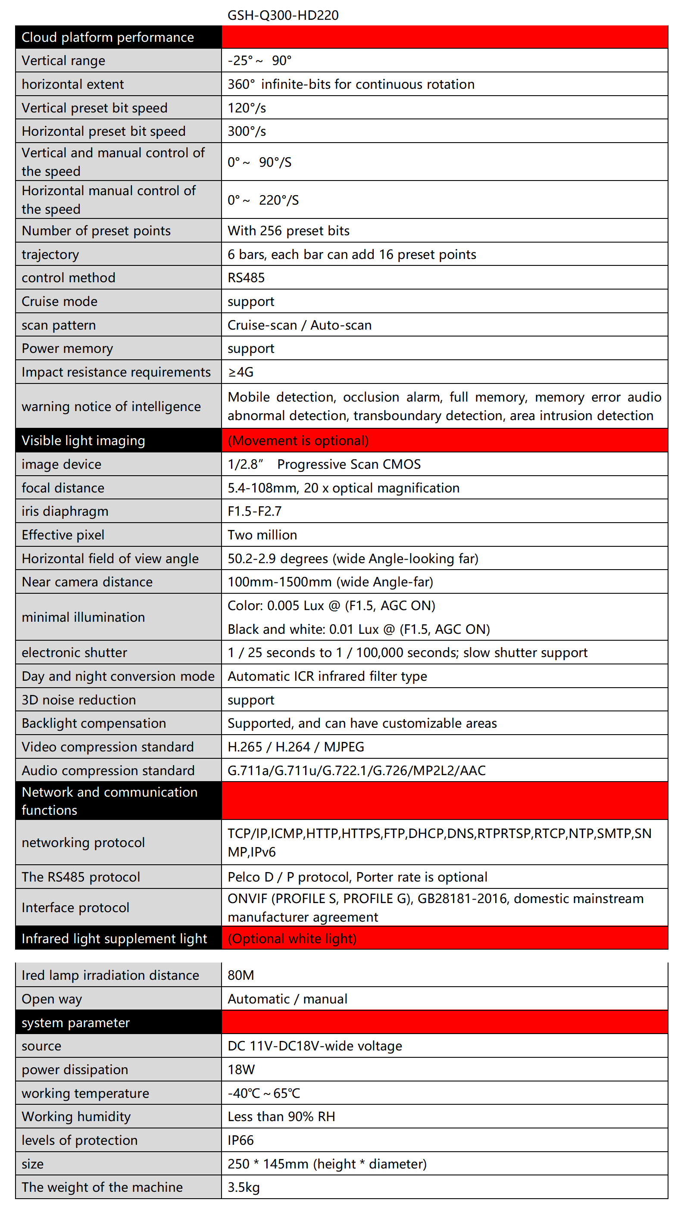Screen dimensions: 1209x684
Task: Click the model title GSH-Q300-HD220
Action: tap(283, 15)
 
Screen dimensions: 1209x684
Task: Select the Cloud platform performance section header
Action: tap(108, 37)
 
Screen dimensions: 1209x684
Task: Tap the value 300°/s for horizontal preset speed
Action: tap(247, 131)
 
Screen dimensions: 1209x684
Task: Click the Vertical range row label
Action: tap(63, 61)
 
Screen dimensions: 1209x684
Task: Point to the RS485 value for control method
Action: tap(246, 277)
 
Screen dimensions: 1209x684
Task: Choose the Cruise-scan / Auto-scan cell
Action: tap(299, 325)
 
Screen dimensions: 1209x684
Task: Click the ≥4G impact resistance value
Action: tap(240, 372)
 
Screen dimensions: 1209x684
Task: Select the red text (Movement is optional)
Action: tap(298, 440)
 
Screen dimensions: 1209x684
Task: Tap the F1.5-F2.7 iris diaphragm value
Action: tap(255, 511)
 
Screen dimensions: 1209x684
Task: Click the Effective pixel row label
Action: tap(63, 535)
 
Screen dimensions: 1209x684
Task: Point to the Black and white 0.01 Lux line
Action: tap(359, 629)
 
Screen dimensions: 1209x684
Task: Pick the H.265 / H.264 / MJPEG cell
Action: tap(296, 747)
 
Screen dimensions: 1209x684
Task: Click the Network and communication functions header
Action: tap(109, 801)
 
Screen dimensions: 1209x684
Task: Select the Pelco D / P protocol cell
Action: tap(357, 877)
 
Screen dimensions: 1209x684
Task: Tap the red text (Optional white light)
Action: tap(292, 938)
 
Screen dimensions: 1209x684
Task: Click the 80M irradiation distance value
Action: tap(240, 975)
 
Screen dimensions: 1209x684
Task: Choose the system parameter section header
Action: tap(75, 1022)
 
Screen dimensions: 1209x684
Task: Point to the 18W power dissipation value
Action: tap(241, 1069)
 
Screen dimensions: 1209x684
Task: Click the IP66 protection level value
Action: tap(240, 1140)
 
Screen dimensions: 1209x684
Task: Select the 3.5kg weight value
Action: tap(244, 1187)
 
